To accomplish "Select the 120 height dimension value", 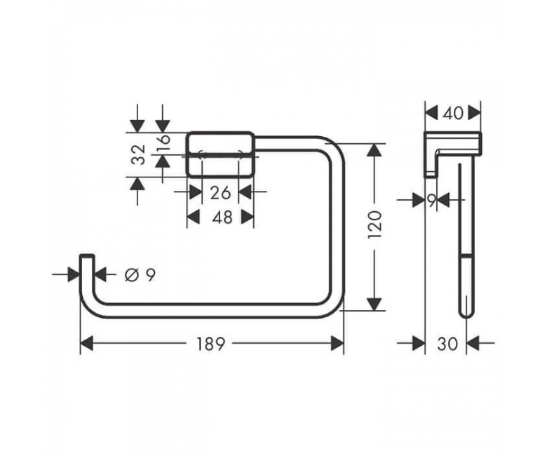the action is tap(375, 224).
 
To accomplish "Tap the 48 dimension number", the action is tap(222, 217).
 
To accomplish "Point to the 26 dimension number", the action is tap(220, 193).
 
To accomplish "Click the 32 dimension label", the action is tap(138, 154).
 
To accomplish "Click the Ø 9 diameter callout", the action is tap(140, 276).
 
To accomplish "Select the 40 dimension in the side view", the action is tap(454, 114).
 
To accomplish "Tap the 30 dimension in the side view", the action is tap(447, 344).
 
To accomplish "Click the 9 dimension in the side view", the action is tap(432, 200).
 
